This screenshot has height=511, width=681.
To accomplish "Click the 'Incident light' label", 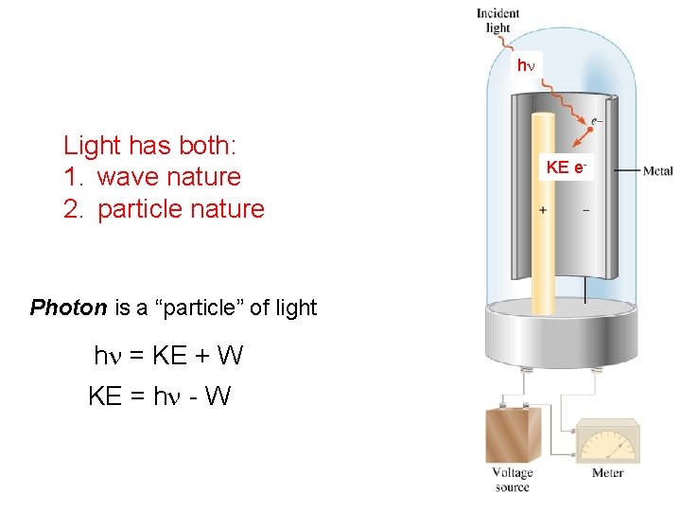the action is [x=498, y=20].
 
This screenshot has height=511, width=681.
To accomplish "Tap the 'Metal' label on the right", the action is [x=657, y=171].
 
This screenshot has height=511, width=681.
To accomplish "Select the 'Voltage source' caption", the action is [x=513, y=480].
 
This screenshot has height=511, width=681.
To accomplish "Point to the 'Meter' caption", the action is [x=607, y=473].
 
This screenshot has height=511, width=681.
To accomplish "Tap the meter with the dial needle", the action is [x=607, y=445].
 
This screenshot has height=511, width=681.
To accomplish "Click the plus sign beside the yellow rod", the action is [x=543, y=210].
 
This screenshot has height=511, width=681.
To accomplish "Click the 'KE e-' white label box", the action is [x=567, y=167].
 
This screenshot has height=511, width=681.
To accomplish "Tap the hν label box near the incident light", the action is [x=525, y=65].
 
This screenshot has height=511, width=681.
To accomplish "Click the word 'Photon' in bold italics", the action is [x=68, y=308].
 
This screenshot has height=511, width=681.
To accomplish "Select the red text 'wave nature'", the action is [x=168, y=177].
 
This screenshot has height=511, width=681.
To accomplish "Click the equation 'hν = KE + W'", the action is [x=168, y=356].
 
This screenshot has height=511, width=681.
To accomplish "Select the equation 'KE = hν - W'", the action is [x=159, y=396].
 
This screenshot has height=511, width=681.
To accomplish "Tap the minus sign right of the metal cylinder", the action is [x=585, y=210].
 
